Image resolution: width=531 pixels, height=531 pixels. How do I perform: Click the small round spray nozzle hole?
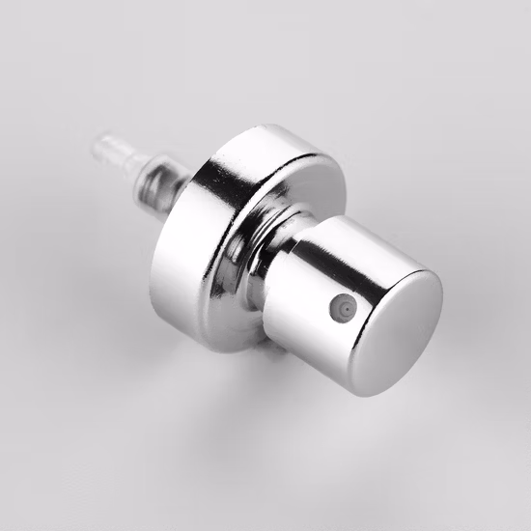tap(341, 308)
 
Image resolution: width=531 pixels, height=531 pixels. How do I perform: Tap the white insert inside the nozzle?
tap(341, 308)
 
